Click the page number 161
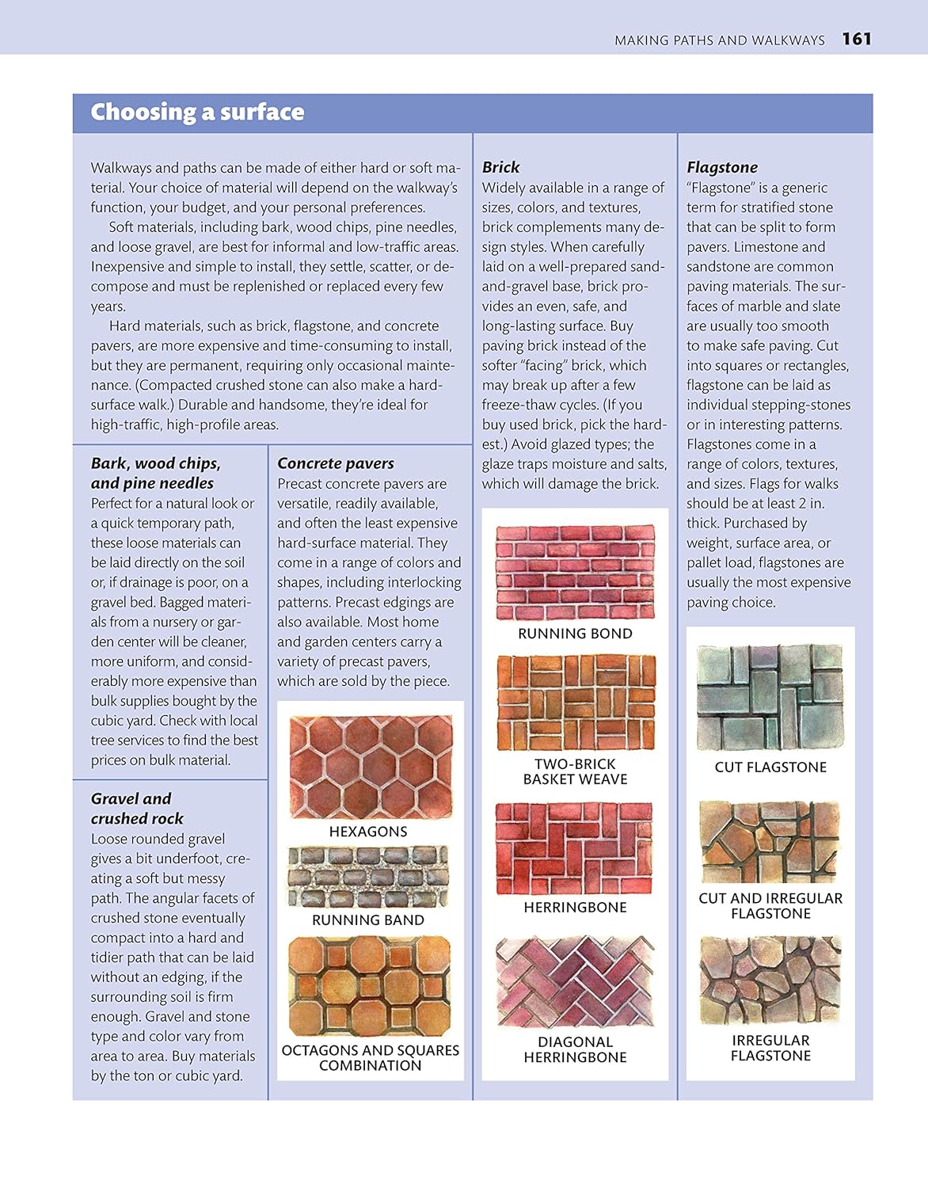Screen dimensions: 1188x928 [856, 39]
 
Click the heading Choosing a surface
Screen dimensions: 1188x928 [197, 112]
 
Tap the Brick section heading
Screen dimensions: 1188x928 [500, 167]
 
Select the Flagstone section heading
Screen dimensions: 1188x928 [721, 167]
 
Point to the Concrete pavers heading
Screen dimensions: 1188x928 [335, 463]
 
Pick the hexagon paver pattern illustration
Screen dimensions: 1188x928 [371, 767]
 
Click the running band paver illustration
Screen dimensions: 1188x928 [368, 877]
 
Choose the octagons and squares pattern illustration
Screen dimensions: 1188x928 [369, 986]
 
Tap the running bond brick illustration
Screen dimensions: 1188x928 [576, 572]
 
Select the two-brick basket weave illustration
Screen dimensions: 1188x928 [576, 703]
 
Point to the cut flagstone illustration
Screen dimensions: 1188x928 [770, 696]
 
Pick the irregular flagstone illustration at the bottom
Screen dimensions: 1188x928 [770, 980]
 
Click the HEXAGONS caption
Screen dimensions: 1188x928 [368, 832]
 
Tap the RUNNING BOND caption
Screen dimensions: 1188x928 [575, 634]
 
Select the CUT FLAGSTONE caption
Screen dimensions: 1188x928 [770, 767]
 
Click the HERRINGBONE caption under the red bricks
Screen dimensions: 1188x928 [575, 908]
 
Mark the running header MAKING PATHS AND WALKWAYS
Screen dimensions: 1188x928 [719, 40]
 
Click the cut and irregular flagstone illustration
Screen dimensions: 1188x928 [770, 842]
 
